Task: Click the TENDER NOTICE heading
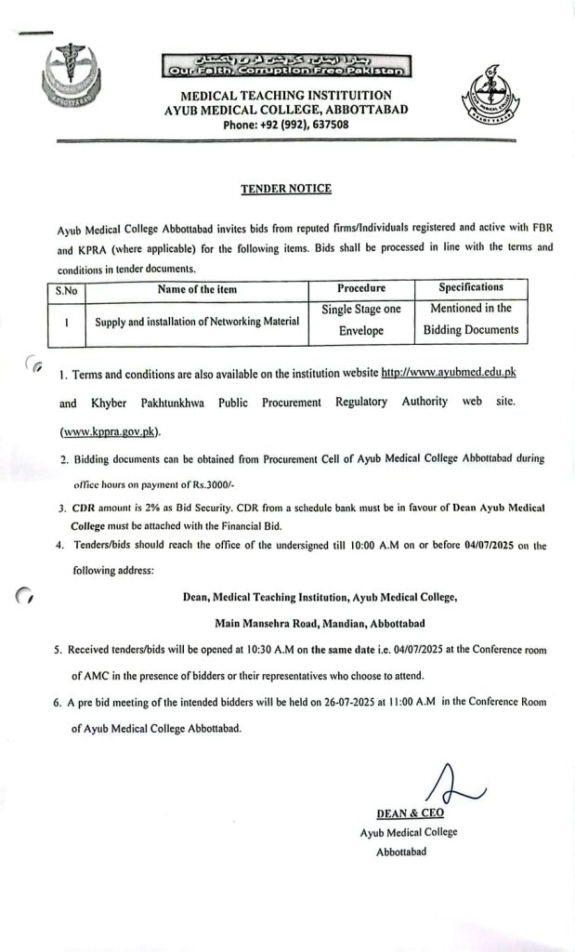pyautogui.click(x=286, y=189)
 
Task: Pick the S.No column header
pyautogui.click(x=66, y=289)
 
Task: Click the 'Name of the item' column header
pyautogui.click(x=197, y=289)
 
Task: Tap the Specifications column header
pyautogui.click(x=471, y=287)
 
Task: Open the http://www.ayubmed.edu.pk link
pyautogui.click(x=455, y=373)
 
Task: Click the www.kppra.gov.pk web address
pyautogui.click(x=110, y=431)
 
